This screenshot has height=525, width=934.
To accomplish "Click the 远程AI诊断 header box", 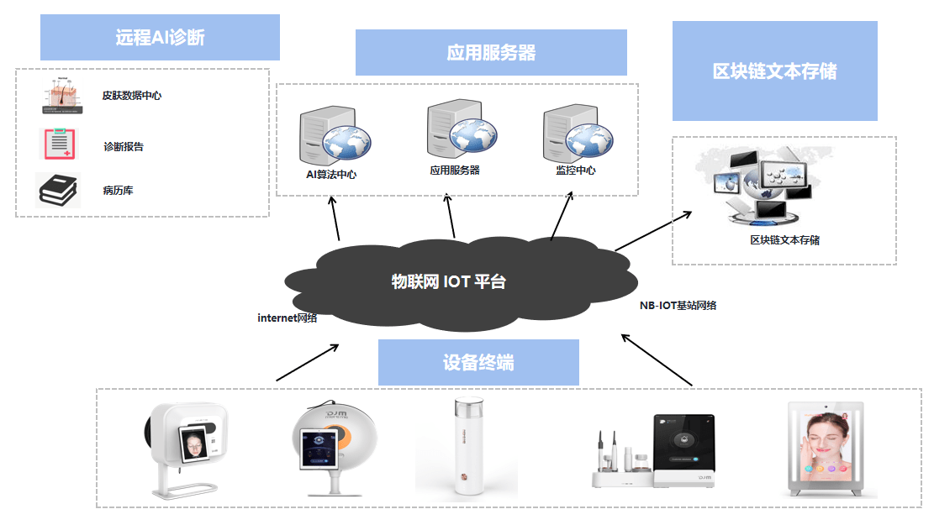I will pyautogui.click(x=160, y=37).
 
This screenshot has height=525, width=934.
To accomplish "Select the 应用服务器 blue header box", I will pyautogui.click(x=491, y=53).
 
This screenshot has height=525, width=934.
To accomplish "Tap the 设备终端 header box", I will pyautogui.click(x=478, y=362).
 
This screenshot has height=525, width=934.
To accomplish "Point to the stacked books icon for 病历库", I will pyautogui.click(x=58, y=190).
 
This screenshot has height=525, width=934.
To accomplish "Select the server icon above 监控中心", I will pyautogui.click(x=574, y=132).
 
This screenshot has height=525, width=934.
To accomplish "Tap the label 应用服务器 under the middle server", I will pyautogui.click(x=454, y=170).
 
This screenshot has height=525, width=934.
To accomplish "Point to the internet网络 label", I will pyautogui.click(x=288, y=318).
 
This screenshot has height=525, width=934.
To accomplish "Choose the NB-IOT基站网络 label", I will pyautogui.click(x=678, y=306).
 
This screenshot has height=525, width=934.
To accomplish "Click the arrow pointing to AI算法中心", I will pyautogui.click(x=336, y=219).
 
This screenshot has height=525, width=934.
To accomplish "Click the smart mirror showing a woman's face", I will pyautogui.click(x=824, y=449).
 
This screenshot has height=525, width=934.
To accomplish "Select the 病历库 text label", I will pyautogui.click(x=118, y=191).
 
